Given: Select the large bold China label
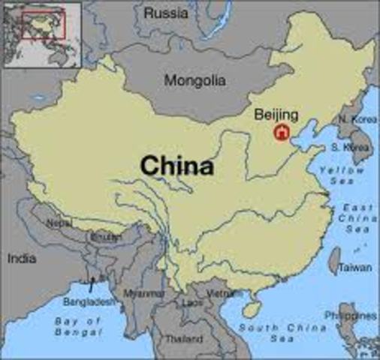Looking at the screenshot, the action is click(177, 165).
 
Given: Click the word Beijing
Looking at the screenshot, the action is click(276, 115).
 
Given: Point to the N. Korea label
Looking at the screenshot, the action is click(355, 119).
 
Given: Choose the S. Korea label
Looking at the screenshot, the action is click(356, 148).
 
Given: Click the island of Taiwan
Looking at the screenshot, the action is click(334, 260).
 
